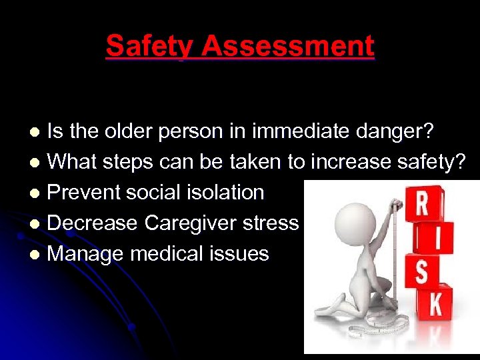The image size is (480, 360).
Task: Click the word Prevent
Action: pos(87,193)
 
